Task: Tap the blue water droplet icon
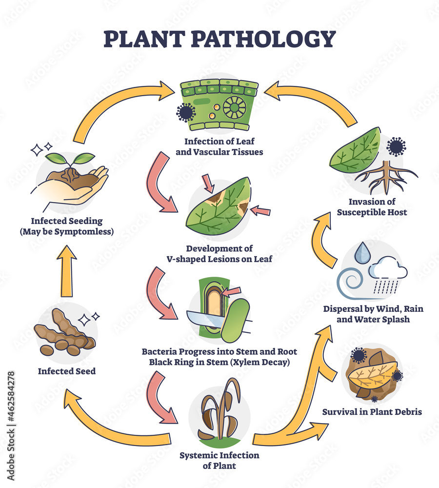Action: click(361, 253)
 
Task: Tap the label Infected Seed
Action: click(67, 371)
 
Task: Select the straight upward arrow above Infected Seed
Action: click(68, 271)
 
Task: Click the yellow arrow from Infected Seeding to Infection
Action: click(117, 105)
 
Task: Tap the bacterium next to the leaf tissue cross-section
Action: click(185, 113)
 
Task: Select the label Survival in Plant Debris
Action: click(372, 412)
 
